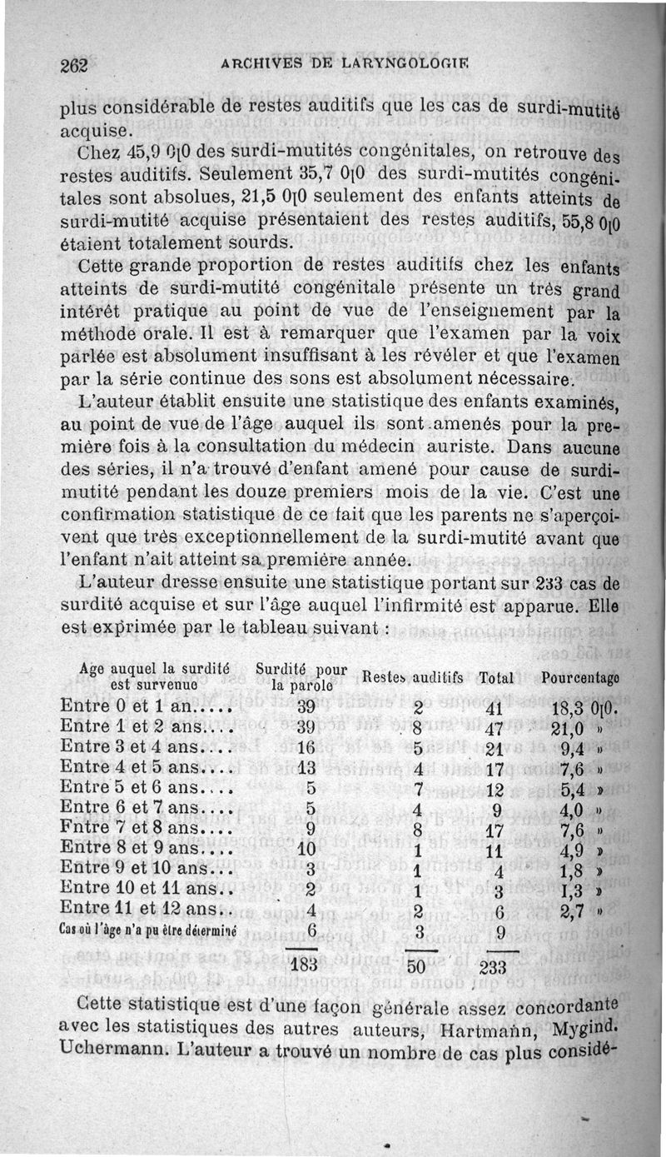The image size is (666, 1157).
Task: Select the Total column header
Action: (497, 678)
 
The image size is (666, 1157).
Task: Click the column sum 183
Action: (305, 965)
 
